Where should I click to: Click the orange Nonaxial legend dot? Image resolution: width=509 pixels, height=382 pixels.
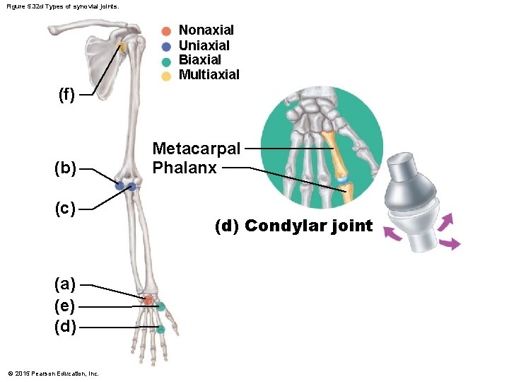166,31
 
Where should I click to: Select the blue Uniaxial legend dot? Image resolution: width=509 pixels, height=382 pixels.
166,47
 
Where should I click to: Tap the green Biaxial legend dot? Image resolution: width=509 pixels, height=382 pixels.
166,62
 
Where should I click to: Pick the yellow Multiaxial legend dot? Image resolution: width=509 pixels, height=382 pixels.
166,76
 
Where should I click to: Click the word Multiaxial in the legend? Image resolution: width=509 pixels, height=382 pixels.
209,75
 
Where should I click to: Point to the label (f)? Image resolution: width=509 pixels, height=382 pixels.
66,95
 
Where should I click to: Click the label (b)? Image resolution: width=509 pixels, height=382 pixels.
66,168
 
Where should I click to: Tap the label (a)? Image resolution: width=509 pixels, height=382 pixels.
66,284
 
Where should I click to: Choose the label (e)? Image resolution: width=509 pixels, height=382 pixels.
66,306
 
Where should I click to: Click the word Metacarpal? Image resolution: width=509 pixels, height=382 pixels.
197,149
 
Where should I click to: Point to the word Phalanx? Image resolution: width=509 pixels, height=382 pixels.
185,168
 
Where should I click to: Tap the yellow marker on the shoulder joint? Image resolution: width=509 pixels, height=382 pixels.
122,47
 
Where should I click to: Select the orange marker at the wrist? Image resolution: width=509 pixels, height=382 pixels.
148,300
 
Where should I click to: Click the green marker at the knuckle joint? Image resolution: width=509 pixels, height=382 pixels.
160,329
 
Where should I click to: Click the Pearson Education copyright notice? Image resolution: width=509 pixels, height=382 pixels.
53,374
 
